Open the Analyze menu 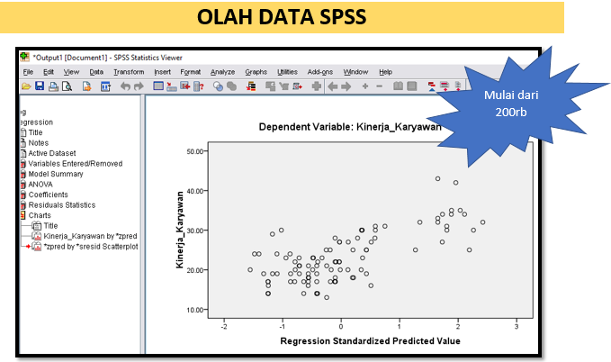(222, 71)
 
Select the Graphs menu (256, 71)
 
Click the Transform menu (129, 71)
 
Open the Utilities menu (287, 71)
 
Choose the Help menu (385, 71)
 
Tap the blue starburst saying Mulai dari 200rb (505, 103)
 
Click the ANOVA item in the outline (40, 184)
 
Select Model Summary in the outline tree (56, 174)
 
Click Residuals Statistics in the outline (61, 204)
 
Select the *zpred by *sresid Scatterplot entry (90, 246)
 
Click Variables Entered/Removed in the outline (75, 163)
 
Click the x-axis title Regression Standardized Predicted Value (370, 340)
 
